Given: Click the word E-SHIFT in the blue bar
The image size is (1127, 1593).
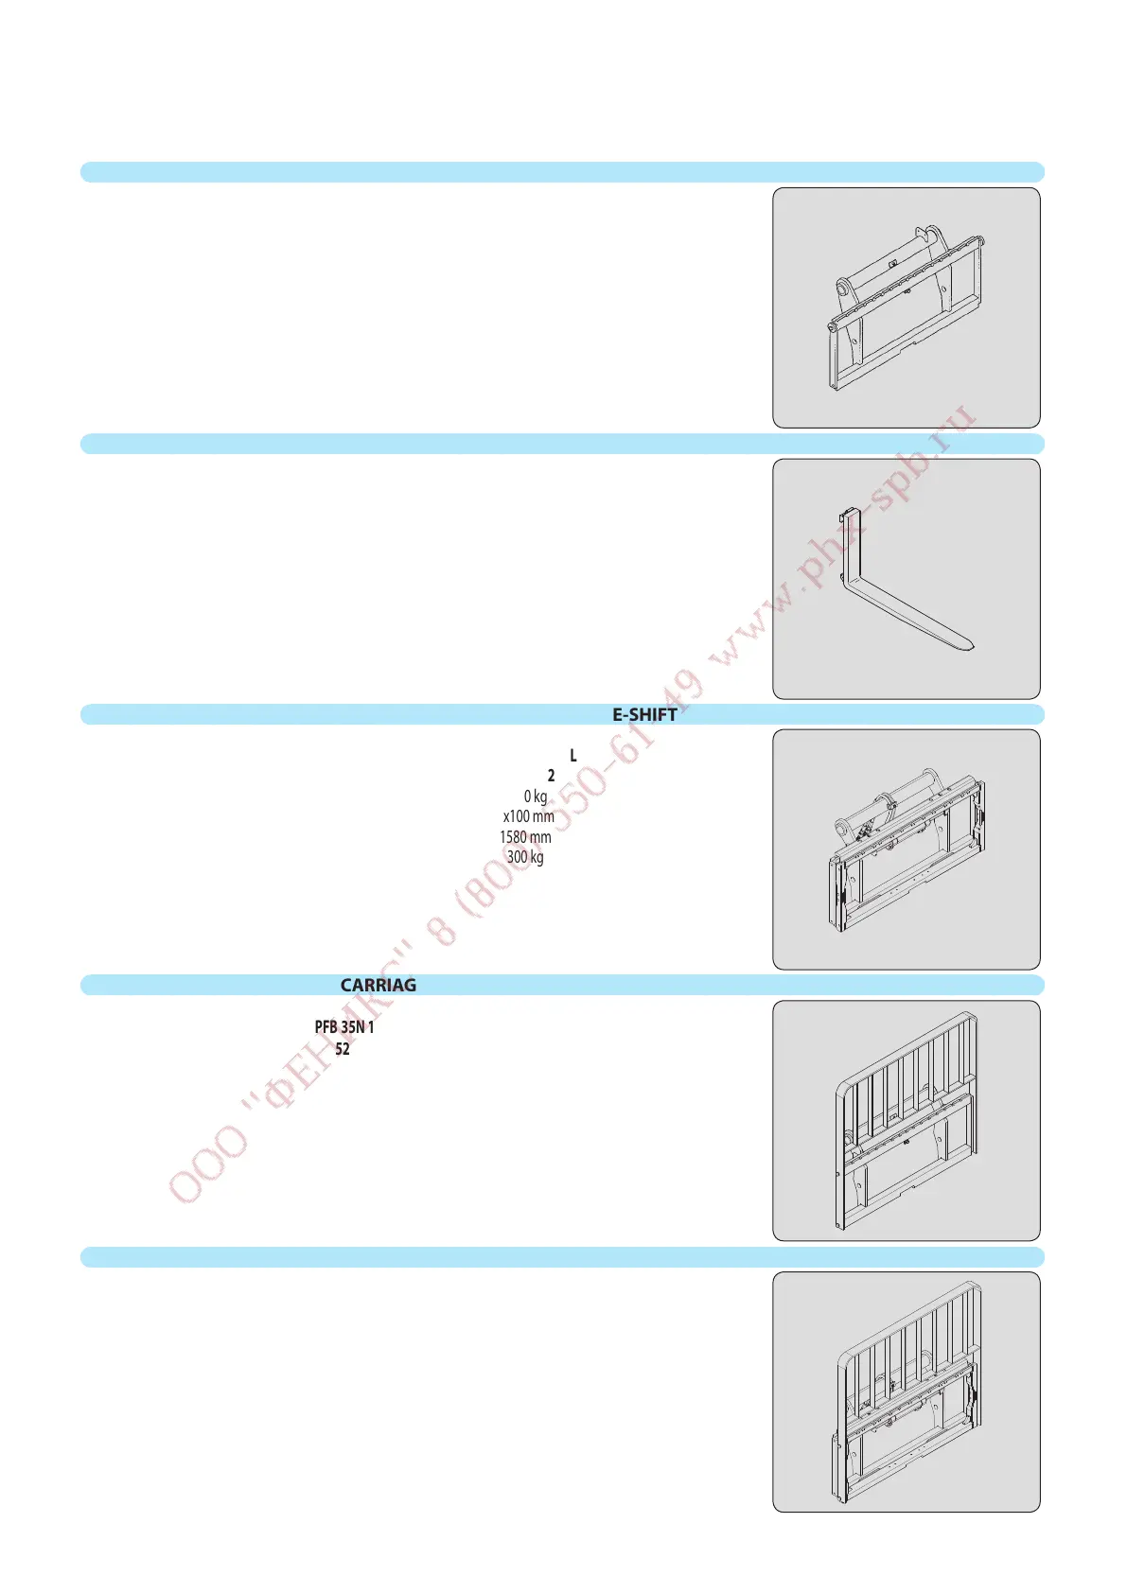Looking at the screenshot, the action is point(644,715).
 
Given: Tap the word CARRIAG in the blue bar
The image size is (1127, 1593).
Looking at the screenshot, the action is point(378,986).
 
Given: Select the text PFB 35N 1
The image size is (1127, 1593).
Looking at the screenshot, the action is point(344,1027).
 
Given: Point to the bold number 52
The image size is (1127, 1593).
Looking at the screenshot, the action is point(343,1049).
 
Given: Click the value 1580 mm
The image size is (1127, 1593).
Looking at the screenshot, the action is point(525,837).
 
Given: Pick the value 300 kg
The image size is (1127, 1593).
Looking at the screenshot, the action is point(525,858).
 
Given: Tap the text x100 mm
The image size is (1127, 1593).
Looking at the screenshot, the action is point(528,816).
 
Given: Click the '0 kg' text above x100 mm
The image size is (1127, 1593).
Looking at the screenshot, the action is point(536,796).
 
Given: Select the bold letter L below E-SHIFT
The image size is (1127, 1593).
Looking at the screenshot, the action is point(573,756).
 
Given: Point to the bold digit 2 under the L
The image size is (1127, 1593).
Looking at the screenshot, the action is point(552,776).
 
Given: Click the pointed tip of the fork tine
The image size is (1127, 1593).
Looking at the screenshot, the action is point(971,648).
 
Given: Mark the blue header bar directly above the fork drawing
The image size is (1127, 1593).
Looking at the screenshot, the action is point(562,444).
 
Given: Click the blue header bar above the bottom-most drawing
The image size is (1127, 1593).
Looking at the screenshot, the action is point(562,1257).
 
